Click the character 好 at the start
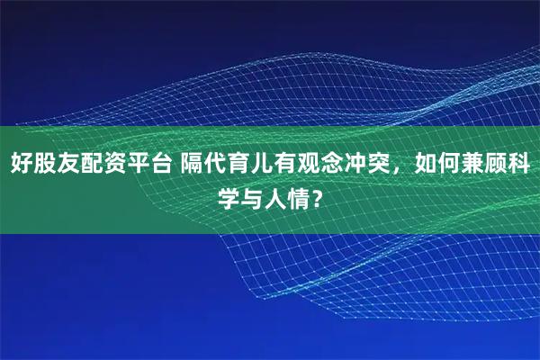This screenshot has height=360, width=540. click(x=22, y=166)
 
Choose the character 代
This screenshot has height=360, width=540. click(x=215, y=166)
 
